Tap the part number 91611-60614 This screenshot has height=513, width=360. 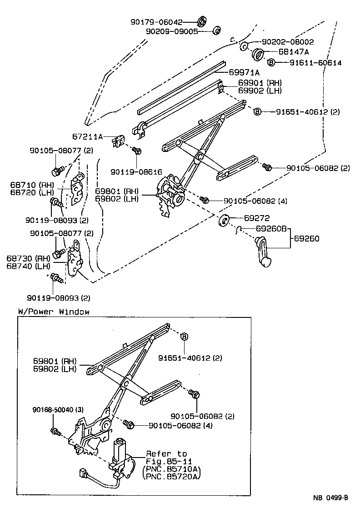coord(315,63)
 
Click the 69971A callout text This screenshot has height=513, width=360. coord(244,72)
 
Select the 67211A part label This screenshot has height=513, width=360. coord(88,136)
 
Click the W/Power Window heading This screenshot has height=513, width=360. coord(54,312)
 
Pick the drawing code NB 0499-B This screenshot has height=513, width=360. coord(330,498)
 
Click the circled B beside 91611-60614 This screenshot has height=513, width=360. coord(270,63)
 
